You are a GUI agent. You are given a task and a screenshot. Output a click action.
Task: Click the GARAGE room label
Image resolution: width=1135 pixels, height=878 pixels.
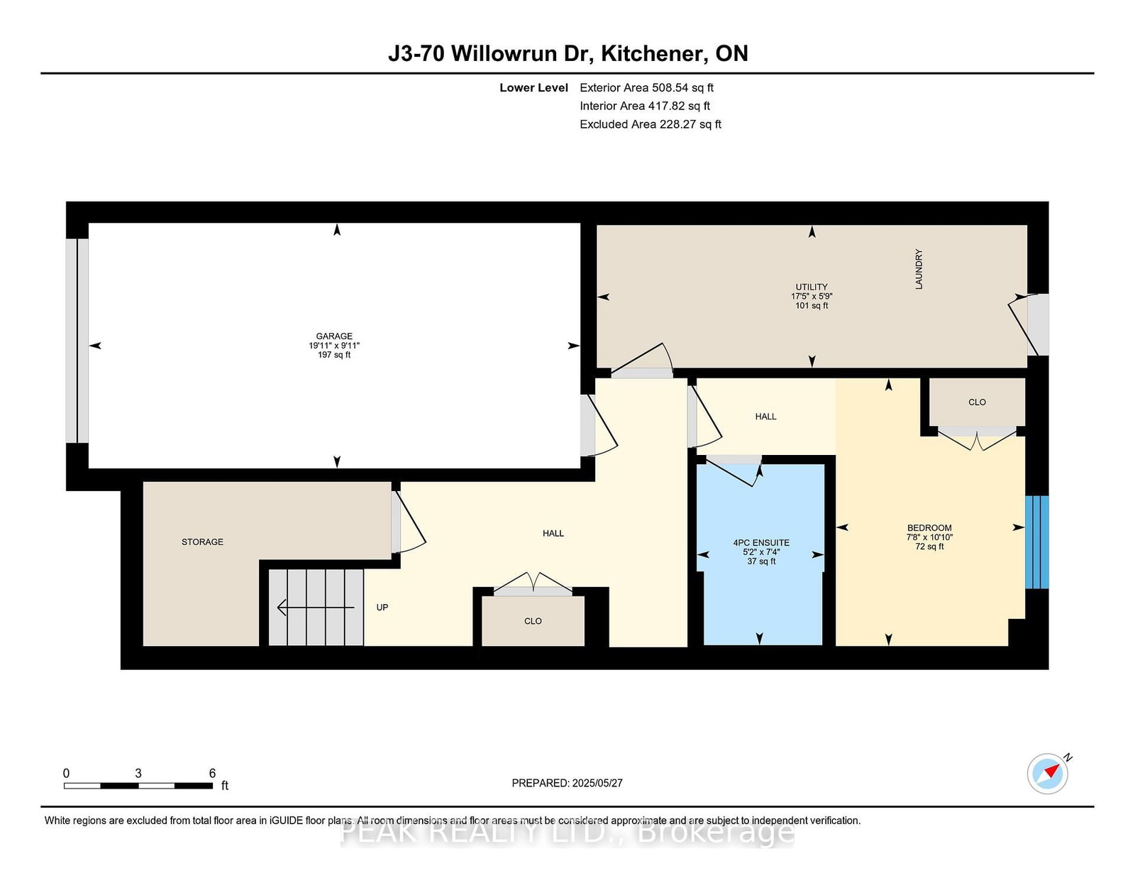(334, 336)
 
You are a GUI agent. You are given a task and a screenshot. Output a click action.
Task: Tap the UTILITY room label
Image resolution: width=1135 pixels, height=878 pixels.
(812, 287)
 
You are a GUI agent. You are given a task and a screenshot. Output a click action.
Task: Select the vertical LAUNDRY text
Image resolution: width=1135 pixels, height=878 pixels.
(919, 269)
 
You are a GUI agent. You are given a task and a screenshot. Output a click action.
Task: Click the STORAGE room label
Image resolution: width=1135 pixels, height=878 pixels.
(202, 542)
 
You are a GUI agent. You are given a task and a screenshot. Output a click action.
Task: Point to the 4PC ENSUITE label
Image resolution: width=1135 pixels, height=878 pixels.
(761, 543)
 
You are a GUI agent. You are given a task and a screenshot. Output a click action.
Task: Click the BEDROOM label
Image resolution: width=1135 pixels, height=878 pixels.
(929, 528)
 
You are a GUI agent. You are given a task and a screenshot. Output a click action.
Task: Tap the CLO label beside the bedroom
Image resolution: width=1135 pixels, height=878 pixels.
(977, 402)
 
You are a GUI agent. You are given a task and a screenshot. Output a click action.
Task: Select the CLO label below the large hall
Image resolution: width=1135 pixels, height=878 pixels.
(533, 621)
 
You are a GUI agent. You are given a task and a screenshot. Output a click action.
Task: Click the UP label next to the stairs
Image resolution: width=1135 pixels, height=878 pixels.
(382, 608)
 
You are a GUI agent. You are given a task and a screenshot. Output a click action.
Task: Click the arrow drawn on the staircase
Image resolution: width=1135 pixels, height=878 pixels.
(315, 608)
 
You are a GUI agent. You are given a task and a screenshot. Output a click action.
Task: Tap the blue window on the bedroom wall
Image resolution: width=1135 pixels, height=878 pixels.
(1036, 542)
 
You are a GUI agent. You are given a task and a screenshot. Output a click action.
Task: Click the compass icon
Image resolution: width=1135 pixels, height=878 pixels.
(1048, 774)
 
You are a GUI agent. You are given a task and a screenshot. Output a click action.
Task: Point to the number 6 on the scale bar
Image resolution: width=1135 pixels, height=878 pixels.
(212, 773)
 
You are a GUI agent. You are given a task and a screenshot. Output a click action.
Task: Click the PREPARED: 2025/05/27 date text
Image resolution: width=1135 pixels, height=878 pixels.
(567, 783)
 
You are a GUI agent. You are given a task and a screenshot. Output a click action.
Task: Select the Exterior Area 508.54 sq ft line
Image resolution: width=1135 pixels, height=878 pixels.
(646, 88)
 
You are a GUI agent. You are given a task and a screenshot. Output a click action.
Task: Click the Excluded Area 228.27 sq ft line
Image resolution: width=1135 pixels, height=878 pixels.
(650, 124)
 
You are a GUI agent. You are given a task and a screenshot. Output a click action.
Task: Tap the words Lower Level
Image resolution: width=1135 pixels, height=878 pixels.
(533, 88)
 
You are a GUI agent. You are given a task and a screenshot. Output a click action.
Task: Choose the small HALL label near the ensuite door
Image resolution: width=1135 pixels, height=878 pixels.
(765, 417)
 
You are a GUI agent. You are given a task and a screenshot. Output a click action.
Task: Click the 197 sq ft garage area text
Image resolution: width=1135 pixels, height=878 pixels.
(334, 355)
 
